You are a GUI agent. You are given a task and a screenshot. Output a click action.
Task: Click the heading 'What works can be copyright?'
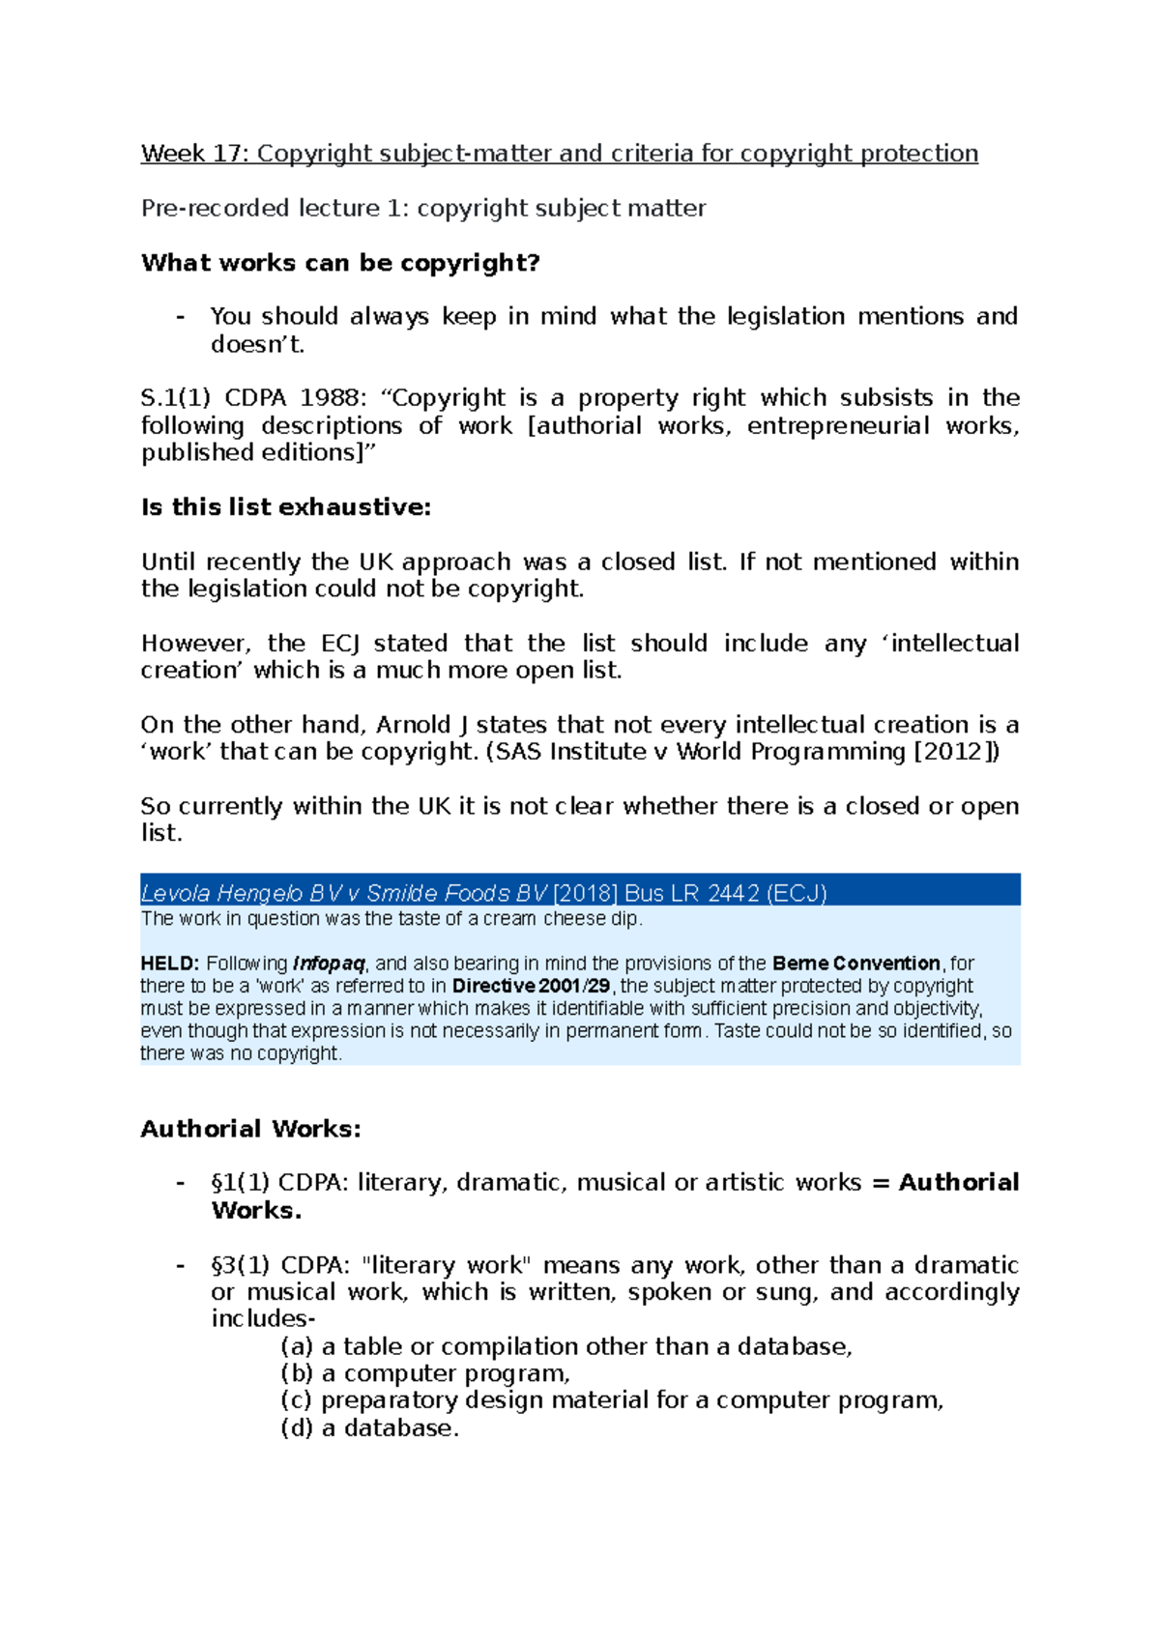tap(340, 263)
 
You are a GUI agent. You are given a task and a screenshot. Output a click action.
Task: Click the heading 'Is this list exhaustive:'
tap(285, 507)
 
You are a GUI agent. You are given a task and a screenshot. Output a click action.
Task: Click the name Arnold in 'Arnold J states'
tap(413, 725)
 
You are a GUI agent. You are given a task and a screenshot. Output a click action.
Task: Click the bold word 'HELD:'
tap(170, 964)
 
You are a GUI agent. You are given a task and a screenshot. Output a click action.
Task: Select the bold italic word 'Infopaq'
tap(328, 964)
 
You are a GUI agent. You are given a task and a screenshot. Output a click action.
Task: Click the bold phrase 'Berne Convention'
tap(856, 964)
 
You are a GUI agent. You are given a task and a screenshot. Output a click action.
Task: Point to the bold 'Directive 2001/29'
tap(531, 987)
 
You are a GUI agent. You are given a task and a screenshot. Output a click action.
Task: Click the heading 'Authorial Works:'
tap(250, 1129)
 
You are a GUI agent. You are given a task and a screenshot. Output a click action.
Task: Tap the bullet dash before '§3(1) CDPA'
tap(180, 1266)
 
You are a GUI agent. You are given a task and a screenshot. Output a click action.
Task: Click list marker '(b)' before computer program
tap(297, 1374)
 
